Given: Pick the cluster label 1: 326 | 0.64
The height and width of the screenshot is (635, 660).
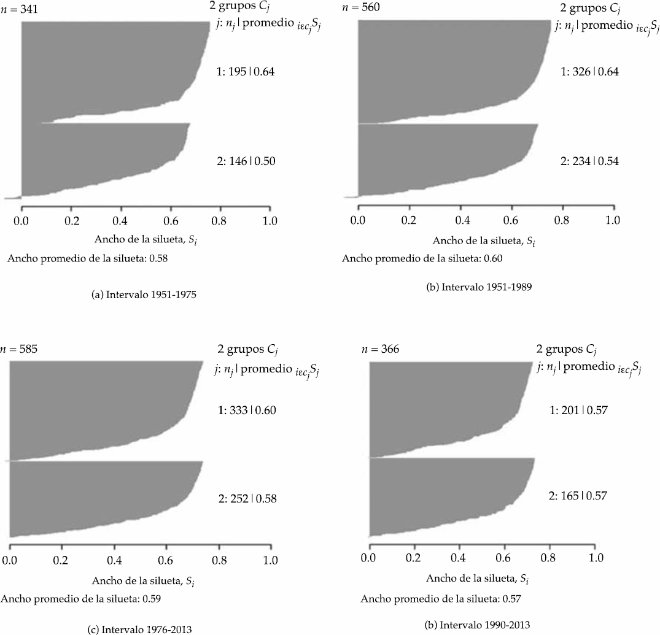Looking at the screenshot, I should point(589,72).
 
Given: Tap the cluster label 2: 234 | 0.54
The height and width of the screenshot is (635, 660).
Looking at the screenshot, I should point(589,161).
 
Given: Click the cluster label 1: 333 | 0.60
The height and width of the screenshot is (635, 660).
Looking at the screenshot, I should point(247,410).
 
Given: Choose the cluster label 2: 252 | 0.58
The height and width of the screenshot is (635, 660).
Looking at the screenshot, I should point(247,499).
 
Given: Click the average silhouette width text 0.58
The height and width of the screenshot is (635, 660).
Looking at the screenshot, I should point(88,258).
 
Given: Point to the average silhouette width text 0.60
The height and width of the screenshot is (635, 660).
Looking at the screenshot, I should point(422,258).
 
